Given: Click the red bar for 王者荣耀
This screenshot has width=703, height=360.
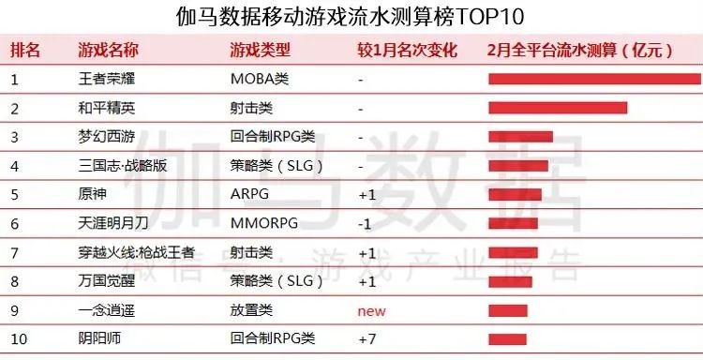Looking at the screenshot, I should (594, 79).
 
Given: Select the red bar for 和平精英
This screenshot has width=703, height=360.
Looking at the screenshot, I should (558, 108).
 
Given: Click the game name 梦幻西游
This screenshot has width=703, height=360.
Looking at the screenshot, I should (109, 137).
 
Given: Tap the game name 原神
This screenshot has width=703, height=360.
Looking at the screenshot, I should (95, 195).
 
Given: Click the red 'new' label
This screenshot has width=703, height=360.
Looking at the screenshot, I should (372, 310).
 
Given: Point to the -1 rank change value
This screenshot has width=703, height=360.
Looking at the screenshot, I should (366, 224).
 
